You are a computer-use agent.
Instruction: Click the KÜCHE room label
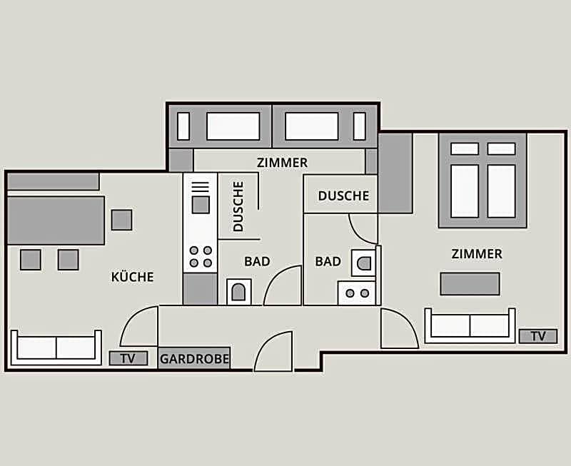pyautogui.click(x=133, y=277)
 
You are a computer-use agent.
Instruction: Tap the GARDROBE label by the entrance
pyautogui.click(x=194, y=359)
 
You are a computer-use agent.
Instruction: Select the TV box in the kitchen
pyautogui.click(x=128, y=359)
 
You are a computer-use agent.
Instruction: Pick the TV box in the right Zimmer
pyautogui.click(x=538, y=336)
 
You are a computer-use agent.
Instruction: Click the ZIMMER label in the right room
pyautogui.click(x=477, y=254)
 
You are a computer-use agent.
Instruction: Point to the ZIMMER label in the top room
pyautogui.click(x=282, y=163)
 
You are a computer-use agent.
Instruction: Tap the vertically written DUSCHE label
pyautogui.click(x=238, y=206)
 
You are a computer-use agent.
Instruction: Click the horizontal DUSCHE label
pyautogui.click(x=343, y=196)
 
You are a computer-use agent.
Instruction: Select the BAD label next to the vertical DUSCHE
pyautogui.click(x=257, y=261)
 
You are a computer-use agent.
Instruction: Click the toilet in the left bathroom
pyautogui.click(x=239, y=292)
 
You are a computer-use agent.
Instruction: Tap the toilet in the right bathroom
pyautogui.click(x=363, y=263)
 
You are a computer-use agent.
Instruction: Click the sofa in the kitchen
pyautogui.click(x=56, y=348)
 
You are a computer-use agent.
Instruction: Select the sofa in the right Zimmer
pyautogui.click(x=470, y=326)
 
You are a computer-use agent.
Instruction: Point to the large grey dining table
pyautogui.click(x=56, y=221)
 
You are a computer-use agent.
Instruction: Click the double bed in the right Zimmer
pyautogui.click(x=483, y=181)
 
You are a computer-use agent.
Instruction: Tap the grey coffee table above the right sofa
pyautogui.click(x=470, y=283)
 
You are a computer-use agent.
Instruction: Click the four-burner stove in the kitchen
pyautogui.click(x=201, y=257)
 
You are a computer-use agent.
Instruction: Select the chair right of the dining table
pyautogui.click(x=121, y=220)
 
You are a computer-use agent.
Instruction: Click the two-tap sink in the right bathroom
pyautogui.click(x=357, y=293)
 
